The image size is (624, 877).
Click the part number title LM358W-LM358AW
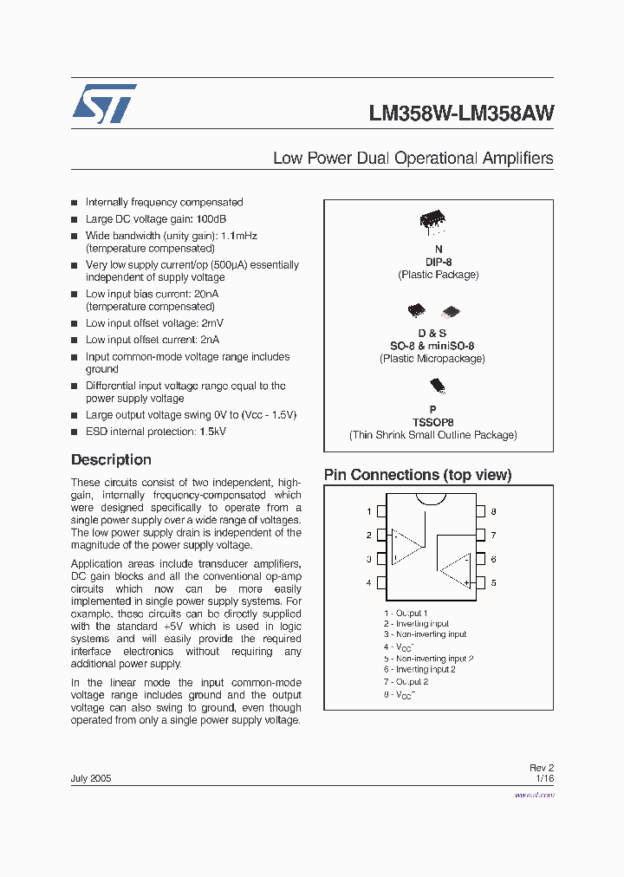pyautogui.click(x=461, y=114)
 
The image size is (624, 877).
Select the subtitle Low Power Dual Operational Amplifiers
pyautogui.click(x=413, y=158)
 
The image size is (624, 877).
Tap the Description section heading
pyautogui.click(x=111, y=460)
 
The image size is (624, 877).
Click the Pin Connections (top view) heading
pyautogui.click(x=417, y=475)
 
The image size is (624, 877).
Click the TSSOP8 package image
pyautogui.click(x=437, y=386)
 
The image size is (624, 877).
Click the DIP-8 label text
pyautogui.click(x=438, y=262)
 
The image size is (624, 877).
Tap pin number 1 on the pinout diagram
pyautogui.click(x=369, y=512)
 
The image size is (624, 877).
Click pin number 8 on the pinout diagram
pyautogui.click(x=493, y=512)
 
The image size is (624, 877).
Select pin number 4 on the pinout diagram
pyautogui.click(x=369, y=583)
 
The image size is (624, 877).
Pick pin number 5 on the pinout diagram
pyautogui.click(x=493, y=583)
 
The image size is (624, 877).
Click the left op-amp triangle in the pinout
pyautogui.click(x=406, y=546)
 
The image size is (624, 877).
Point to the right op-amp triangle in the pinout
pyautogui.click(x=454, y=569)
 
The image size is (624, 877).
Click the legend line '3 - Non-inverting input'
pyautogui.click(x=426, y=634)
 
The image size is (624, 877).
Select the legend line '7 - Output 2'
pyautogui.click(x=406, y=681)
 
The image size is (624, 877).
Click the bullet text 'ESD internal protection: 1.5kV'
pyautogui.click(x=155, y=432)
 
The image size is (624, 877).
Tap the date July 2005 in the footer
pyautogui.click(x=91, y=778)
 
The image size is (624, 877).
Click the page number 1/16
pyautogui.click(x=544, y=779)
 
